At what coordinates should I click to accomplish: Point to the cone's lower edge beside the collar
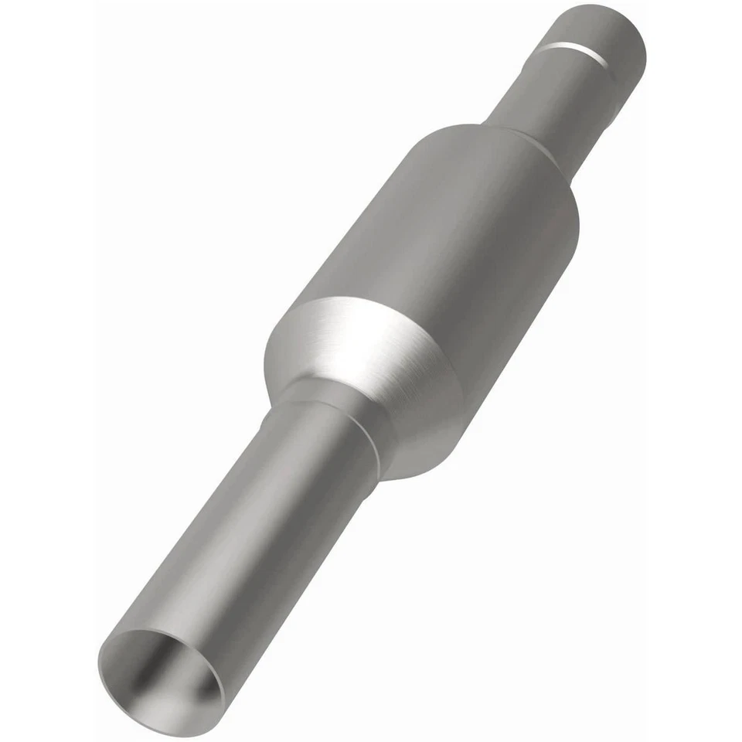[386, 464]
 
